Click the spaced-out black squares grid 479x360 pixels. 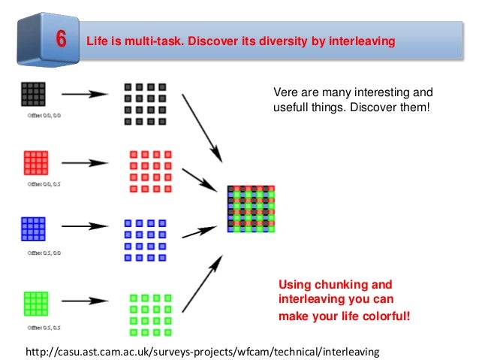[x=145, y=104]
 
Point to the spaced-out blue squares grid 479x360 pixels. [x=145, y=240]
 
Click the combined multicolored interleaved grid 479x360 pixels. [x=252, y=209]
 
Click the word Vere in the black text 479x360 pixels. [x=285, y=93]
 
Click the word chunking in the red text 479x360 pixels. [x=341, y=285]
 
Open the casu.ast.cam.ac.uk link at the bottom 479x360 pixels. [x=203, y=351]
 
